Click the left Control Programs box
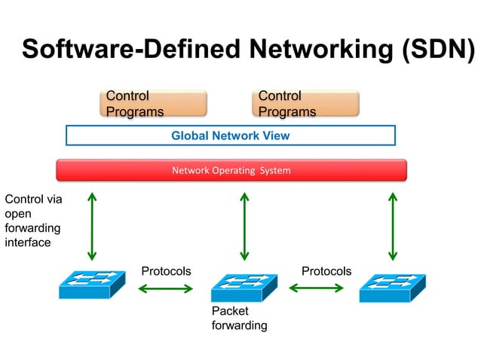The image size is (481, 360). click(x=153, y=104)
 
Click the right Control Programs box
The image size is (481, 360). click(x=305, y=104)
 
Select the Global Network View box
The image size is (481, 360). click(x=231, y=136)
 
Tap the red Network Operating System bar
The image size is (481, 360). click(x=231, y=170)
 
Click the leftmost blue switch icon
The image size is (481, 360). click(x=92, y=286)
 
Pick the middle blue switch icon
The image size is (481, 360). click(x=244, y=288)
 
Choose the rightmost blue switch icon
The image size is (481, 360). click(x=392, y=288)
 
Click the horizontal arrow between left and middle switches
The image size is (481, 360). click(x=167, y=288)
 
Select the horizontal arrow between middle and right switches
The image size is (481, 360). click(x=317, y=288)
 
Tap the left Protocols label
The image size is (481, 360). click(x=166, y=271)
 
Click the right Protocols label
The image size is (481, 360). click(x=326, y=271)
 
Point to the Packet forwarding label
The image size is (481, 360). click(x=239, y=318)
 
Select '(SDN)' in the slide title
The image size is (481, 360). click(x=436, y=49)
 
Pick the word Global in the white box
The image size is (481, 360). click(x=189, y=136)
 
